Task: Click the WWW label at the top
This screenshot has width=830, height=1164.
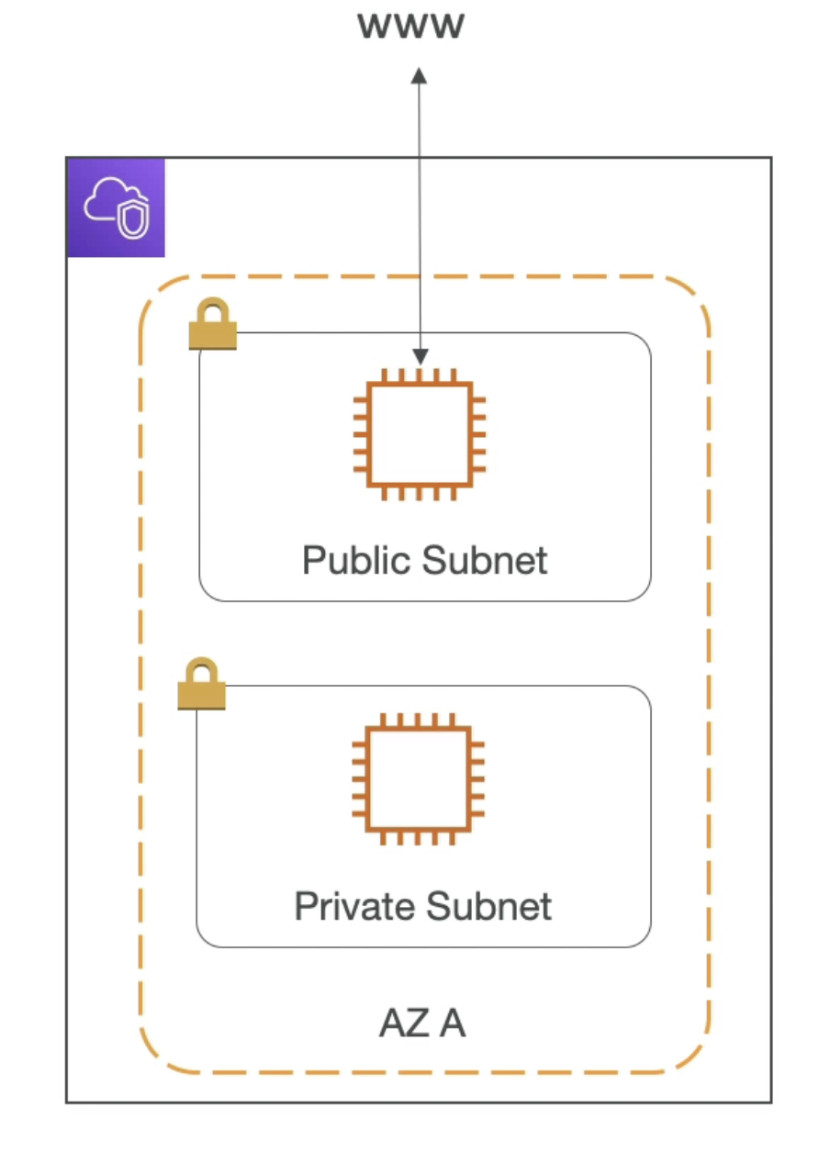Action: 411,26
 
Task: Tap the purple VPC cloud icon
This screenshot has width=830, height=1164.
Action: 116,207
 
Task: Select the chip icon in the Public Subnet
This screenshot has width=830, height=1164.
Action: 420,434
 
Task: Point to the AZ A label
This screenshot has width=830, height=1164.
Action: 422,1023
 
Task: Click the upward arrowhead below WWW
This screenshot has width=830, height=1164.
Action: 419,75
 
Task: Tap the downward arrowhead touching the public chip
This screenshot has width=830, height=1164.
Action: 420,356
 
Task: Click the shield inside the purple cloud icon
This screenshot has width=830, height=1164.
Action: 133,217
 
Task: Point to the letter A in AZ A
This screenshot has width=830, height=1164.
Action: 452,1023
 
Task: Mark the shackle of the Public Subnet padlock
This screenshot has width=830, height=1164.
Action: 213,308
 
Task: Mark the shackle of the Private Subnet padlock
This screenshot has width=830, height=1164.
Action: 202,669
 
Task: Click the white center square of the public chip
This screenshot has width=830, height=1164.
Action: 420,434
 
